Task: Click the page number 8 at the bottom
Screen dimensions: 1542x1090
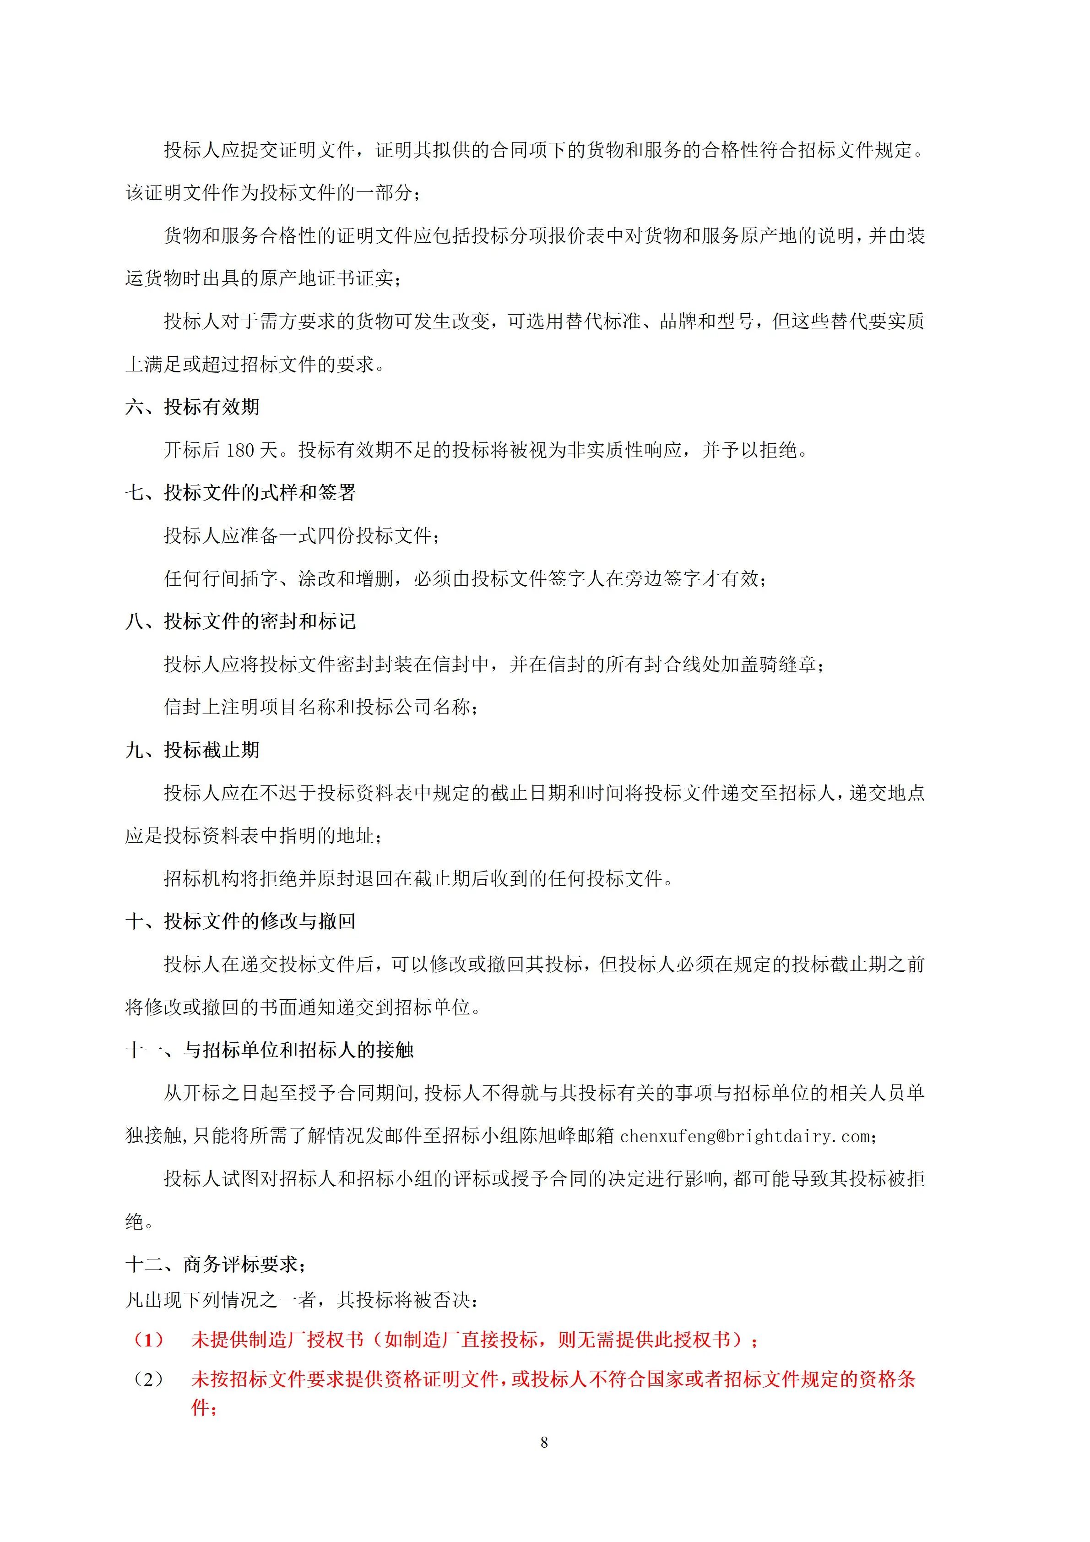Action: pyautogui.click(x=544, y=1442)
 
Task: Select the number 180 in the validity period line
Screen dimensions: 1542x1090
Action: pyautogui.click(x=239, y=450)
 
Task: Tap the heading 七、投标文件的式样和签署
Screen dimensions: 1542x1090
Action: pyautogui.click(x=240, y=493)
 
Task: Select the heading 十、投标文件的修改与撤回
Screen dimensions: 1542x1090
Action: pyautogui.click(x=240, y=921)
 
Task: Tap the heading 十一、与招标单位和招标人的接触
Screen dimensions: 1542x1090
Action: pyautogui.click(x=269, y=1050)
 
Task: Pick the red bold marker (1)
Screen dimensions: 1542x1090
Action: pyautogui.click(x=149, y=1340)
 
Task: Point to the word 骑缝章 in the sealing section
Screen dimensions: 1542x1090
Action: pyautogui.click(x=787, y=664)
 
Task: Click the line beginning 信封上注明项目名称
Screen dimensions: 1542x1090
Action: pyautogui.click(x=321, y=707)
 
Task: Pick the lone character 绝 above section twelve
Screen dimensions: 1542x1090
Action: pyautogui.click(x=135, y=1221)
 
